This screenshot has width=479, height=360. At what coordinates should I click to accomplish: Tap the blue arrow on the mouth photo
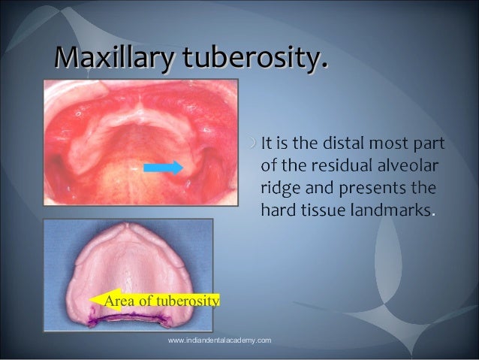tap(163, 167)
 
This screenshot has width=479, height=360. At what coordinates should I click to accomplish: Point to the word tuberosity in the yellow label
tap(187, 301)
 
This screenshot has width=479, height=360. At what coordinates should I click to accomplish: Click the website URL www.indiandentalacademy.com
tap(219, 341)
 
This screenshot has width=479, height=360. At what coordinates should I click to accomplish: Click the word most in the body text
tap(397, 143)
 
